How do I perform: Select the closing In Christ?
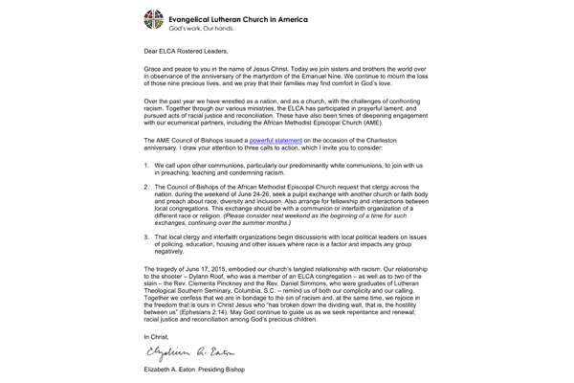point(160,338)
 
